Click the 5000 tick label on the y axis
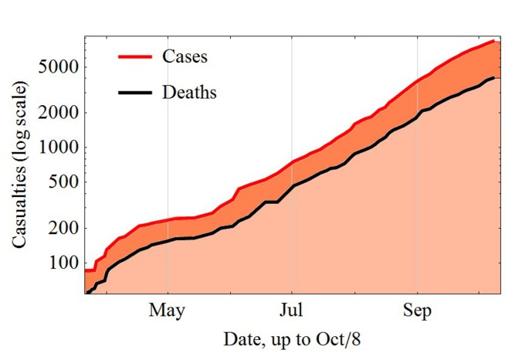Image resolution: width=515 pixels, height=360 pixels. (x=58, y=66)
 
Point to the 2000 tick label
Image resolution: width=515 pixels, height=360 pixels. (x=58, y=112)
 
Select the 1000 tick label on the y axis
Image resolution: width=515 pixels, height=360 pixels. (x=58, y=148)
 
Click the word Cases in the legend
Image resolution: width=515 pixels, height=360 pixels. (x=185, y=56)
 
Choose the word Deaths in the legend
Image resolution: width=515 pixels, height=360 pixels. (x=189, y=93)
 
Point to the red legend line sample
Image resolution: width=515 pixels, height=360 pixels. (x=136, y=56)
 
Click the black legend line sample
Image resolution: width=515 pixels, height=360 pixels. (x=136, y=93)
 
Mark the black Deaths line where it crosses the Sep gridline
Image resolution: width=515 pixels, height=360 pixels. (x=417, y=114)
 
